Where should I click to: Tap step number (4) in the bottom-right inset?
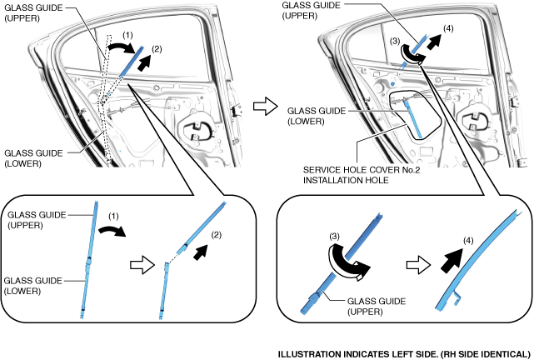[x=467, y=242]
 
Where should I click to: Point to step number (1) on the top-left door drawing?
[x=123, y=36]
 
